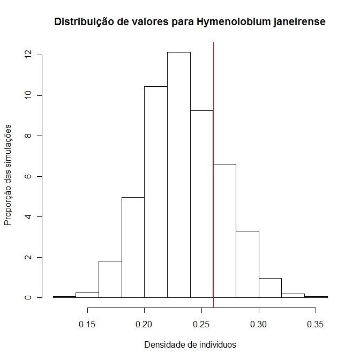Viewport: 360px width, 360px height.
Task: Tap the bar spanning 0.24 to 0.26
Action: (x=201, y=204)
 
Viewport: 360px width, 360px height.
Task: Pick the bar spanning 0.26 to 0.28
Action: (x=224, y=230)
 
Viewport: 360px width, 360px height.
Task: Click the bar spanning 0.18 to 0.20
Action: (x=133, y=247)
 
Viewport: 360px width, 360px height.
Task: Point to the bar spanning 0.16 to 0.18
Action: (x=110, y=279)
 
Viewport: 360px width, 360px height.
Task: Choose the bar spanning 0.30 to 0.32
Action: (x=271, y=288)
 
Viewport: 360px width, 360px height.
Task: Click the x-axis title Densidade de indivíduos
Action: (x=190, y=345)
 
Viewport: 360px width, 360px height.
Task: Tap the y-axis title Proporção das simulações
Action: (x=9, y=175)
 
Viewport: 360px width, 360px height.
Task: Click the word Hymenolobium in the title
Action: (x=234, y=22)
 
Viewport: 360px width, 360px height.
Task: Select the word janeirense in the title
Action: (x=301, y=22)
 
